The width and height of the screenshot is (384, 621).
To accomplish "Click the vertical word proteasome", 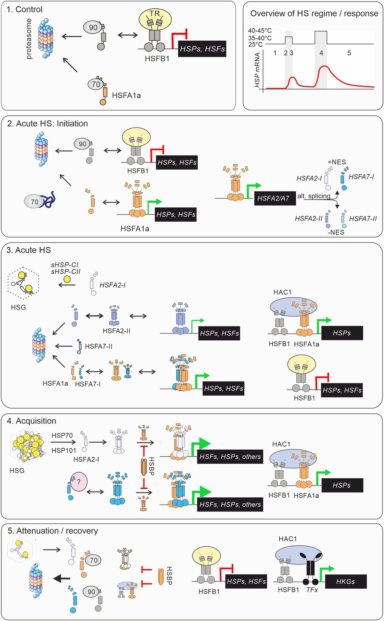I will [x=29, y=39].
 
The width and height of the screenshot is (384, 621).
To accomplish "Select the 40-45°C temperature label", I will [x=260, y=31].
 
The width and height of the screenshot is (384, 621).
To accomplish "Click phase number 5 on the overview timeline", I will [x=349, y=53].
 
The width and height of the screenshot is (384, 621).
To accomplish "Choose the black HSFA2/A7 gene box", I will [x=275, y=198].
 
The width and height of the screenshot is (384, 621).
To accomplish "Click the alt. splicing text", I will [x=314, y=196].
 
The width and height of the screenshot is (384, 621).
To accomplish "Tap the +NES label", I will [x=337, y=162].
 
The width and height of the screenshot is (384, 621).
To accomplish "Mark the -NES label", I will [x=336, y=232].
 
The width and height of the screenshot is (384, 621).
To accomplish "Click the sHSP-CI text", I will [x=64, y=265].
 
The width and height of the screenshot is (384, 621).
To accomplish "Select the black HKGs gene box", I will [x=346, y=581].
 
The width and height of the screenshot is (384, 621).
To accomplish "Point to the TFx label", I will [x=312, y=590].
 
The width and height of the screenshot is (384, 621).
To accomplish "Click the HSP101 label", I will [x=64, y=450].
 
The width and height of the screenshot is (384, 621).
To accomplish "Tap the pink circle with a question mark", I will [x=79, y=482].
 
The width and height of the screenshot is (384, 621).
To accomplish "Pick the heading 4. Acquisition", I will [x=32, y=421].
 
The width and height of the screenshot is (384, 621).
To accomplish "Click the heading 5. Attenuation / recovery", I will [x=53, y=531].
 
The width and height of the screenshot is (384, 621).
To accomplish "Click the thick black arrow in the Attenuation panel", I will [x=62, y=578].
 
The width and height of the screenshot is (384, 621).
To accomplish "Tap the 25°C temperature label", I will [x=255, y=45].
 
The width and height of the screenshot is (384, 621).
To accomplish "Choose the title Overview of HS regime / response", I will [x=314, y=14].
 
